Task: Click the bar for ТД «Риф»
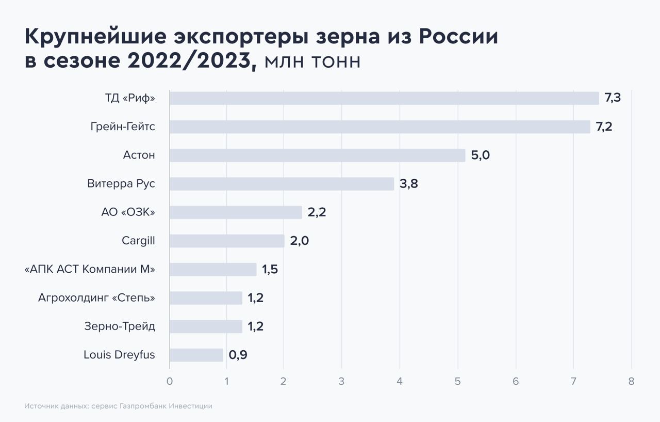[384, 98]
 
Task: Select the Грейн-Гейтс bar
[380, 127]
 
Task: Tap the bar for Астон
[317, 155]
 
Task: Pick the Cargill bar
[227, 241]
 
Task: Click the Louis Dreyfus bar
[196, 355]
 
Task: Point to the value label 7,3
[613, 98]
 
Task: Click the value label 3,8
[409, 184]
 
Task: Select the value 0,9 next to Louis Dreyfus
[238, 355]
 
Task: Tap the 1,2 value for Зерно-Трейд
[255, 326]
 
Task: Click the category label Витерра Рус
[121, 184]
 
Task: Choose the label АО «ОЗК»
[128, 212]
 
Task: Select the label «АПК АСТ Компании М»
[90, 269]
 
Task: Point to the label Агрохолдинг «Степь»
[96, 298]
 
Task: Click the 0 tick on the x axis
[170, 382]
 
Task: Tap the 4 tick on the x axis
[400, 382]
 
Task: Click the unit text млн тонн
[312, 62]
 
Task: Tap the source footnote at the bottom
[118, 406]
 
